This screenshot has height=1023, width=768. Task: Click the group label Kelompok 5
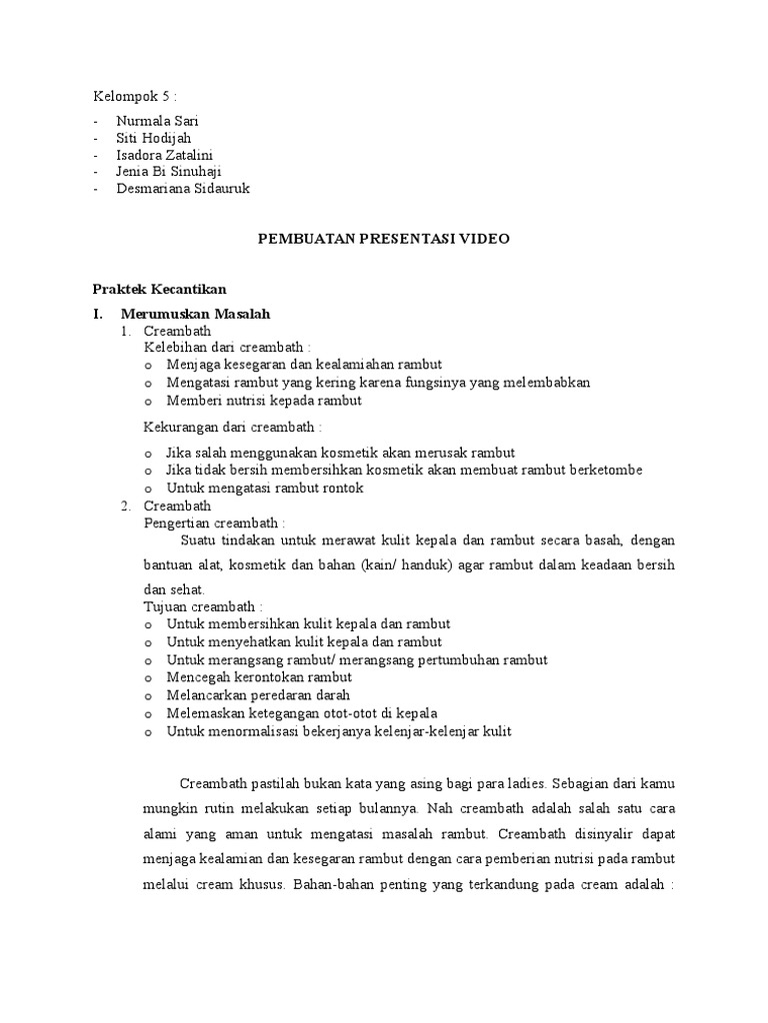pyautogui.click(x=134, y=97)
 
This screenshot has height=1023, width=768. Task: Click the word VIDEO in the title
pyautogui.click(x=485, y=239)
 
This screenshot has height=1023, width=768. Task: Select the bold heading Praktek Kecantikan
pyautogui.click(x=160, y=290)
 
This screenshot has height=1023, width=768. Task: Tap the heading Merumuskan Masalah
pyautogui.click(x=207, y=315)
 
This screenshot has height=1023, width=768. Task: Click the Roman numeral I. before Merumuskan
pyautogui.click(x=99, y=315)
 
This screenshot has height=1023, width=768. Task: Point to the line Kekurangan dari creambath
pyautogui.click(x=233, y=427)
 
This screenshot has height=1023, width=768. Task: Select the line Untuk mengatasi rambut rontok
pyautogui.click(x=265, y=488)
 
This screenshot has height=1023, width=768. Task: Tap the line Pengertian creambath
pyautogui.click(x=215, y=522)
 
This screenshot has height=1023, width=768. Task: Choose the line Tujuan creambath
pyautogui.click(x=204, y=606)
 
